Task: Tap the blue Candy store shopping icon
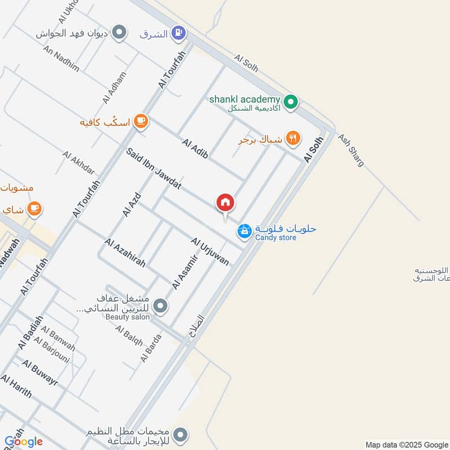pos(244,231)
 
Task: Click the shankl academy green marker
pos(290,102)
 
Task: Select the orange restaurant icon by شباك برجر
pos(293,138)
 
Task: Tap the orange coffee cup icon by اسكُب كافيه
pos(141,121)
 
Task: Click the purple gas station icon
pos(179,33)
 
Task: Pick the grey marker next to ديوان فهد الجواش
pos(119,33)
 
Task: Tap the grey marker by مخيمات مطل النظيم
pos(181,434)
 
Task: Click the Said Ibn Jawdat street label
pos(153,168)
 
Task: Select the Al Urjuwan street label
pos(210,251)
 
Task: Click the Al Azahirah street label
pos(125,253)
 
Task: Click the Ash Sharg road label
pos(350,150)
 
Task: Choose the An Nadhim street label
pos(61,58)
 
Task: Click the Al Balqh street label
pos(129,336)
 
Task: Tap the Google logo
pos(24,442)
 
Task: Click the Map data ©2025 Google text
pos(405,444)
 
